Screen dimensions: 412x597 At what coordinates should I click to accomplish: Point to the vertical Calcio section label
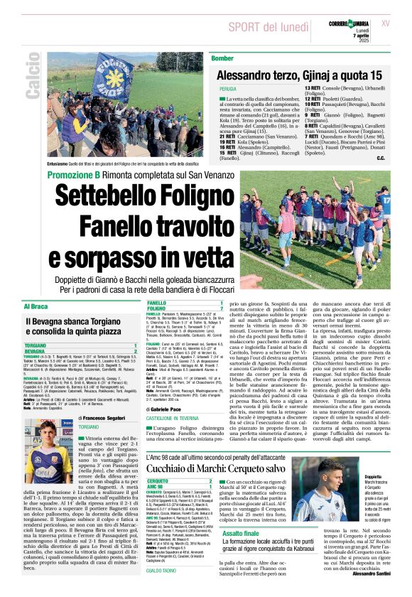(31, 80)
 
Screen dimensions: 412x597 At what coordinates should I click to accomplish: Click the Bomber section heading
(222, 58)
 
